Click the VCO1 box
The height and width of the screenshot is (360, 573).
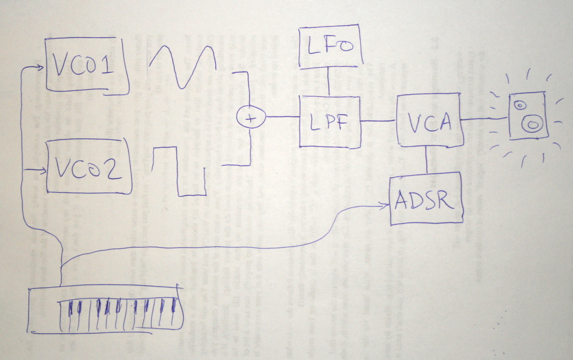coord(85,66)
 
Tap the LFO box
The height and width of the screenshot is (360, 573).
coord(331,47)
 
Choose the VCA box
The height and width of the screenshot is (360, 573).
coord(429,120)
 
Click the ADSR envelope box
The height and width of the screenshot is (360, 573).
coord(426,200)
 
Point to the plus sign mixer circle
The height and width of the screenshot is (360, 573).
coord(251,118)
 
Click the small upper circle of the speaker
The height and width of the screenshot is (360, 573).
coord(520,105)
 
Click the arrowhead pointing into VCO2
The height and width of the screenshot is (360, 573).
coord(42,171)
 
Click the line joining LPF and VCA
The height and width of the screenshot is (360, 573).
coord(378,120)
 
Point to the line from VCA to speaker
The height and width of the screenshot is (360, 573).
coord(484,119)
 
